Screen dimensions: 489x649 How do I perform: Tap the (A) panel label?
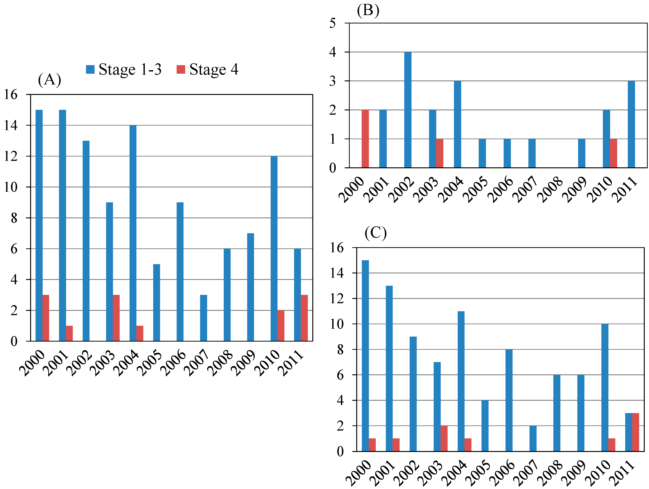click(x=49, y=79)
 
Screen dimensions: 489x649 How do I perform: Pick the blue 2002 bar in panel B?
click(x=408, y=110)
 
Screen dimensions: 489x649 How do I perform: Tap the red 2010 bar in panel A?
click(x=281, y=326)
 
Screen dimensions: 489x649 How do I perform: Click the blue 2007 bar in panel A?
click(x=203, y=318)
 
